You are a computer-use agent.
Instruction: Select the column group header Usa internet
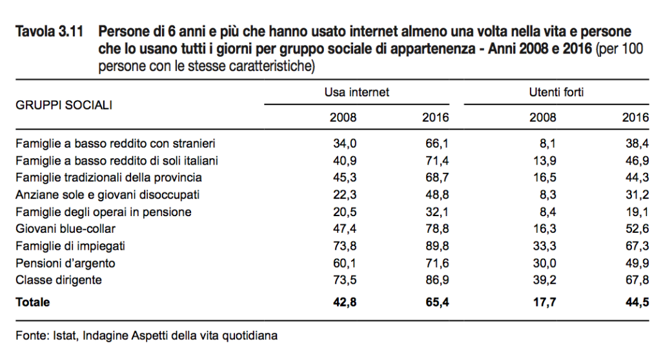357,92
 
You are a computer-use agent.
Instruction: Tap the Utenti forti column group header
556,92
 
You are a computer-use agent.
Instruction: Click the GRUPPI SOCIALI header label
63,105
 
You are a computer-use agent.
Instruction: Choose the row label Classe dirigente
59,281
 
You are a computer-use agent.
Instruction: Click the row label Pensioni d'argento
65,263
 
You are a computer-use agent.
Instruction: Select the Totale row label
32,302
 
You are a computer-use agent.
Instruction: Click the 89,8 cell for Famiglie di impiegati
436,246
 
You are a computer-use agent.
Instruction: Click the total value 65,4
436,302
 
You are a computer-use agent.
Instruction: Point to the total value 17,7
542,302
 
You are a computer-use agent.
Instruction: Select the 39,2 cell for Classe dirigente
542,281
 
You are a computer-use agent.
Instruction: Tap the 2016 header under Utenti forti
635,118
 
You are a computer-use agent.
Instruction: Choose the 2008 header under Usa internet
343,118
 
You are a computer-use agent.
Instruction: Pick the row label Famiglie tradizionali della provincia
108,177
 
